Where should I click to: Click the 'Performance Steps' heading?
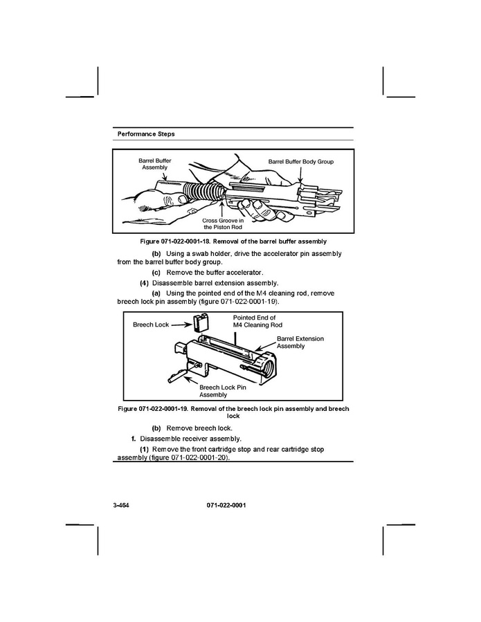point(145,134)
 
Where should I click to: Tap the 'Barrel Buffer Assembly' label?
point(155,164)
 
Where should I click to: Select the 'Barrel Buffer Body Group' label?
point(301,161)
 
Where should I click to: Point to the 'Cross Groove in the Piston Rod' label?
point(223,223)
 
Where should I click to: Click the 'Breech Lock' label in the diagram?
point(151,324)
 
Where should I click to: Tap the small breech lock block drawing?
point(201,322)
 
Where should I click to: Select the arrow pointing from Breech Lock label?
point(181,324)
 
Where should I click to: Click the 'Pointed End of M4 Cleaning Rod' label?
point(257,321)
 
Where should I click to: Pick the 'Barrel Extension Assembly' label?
point(300,342)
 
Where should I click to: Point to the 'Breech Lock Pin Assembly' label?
point(222,391)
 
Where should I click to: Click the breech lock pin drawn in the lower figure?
point(177,375)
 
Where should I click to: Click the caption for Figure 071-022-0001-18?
point(233,241)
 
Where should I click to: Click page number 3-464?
point(121,505)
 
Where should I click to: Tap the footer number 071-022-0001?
point(226,505)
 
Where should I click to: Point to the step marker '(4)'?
point(144,283)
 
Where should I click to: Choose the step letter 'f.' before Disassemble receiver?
point(134,439)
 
